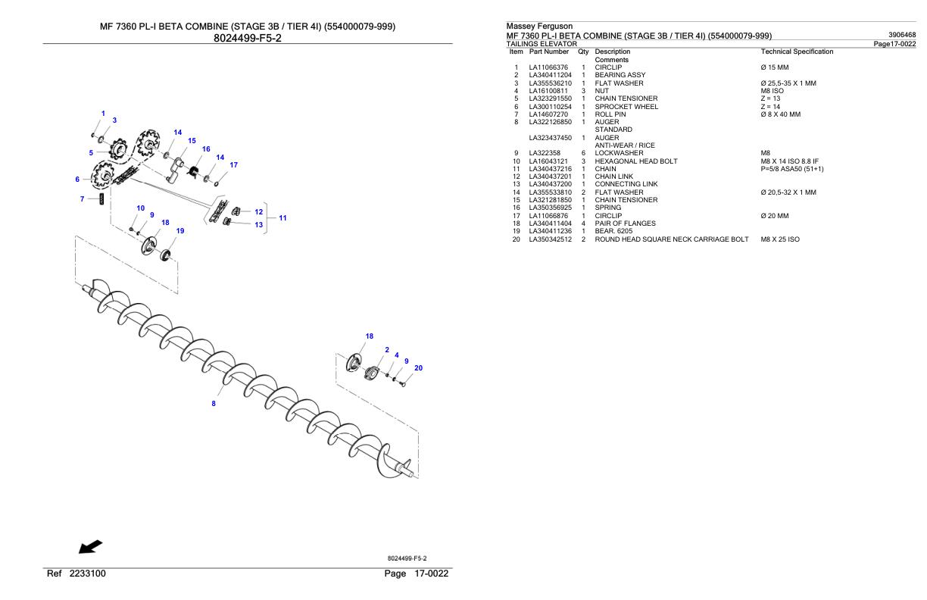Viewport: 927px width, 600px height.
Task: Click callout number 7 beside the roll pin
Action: [x=82, y=198]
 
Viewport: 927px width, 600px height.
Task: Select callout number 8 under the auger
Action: [x=214, y=404]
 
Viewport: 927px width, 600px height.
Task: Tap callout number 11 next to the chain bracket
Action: [x=282, y=218]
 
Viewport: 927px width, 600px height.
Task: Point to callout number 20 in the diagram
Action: [x=418, y=368]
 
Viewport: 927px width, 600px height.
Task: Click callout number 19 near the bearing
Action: [x=180, y=230]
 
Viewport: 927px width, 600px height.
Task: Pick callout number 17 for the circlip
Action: [x=234, y=164]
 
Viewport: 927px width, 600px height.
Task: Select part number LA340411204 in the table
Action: [x=549, y=75]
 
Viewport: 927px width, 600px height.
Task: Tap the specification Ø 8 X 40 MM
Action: [x=785, y=114]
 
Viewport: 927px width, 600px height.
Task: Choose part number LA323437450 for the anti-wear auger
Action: [x=549, y=137]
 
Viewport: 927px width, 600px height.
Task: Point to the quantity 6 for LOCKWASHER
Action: [x=583, y=153]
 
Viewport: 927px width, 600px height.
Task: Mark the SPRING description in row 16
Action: [x=608, y=208]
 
